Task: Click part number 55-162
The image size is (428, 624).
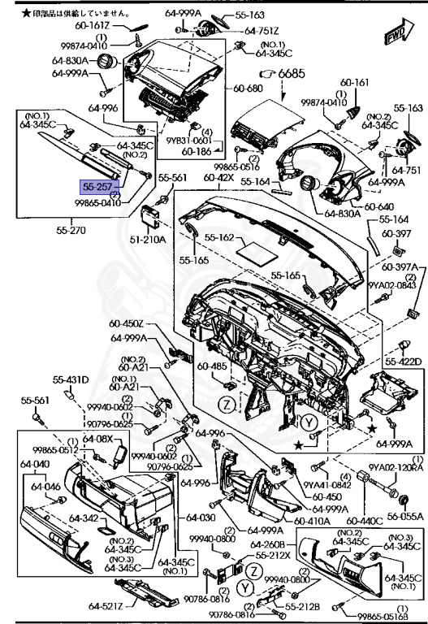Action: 219,238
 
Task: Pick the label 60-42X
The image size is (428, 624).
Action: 219,177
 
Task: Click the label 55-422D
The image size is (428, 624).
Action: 404,362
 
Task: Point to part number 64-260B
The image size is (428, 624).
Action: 267,544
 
